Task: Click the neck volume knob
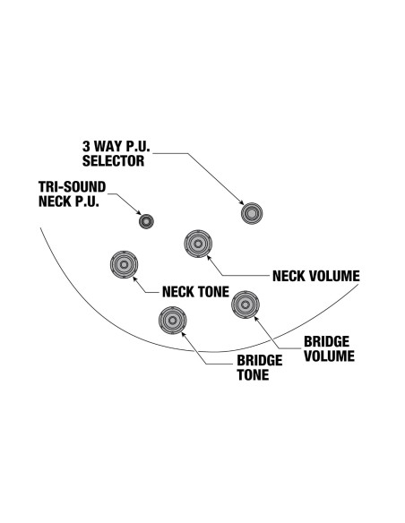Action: pos(198,244)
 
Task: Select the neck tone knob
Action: pos(125,264)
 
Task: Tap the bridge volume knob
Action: pos(246,304)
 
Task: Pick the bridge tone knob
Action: pos(172,321)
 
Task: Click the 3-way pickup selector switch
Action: pos(252,213)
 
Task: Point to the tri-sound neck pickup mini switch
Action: pos(146,221)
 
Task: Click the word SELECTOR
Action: pos(114,161)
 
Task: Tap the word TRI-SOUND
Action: pos(72,187)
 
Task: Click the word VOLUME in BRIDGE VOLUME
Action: pos(329,356)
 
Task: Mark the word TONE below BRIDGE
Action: pos(254,375)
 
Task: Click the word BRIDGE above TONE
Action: pos(260,361)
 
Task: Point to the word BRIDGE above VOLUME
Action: pos(327,341)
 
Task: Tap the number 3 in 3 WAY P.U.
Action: pos(86,146)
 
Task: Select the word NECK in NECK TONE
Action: pos(177,292)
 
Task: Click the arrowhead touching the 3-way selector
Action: pos(241,202)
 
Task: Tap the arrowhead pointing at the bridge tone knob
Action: pos(184,334)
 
